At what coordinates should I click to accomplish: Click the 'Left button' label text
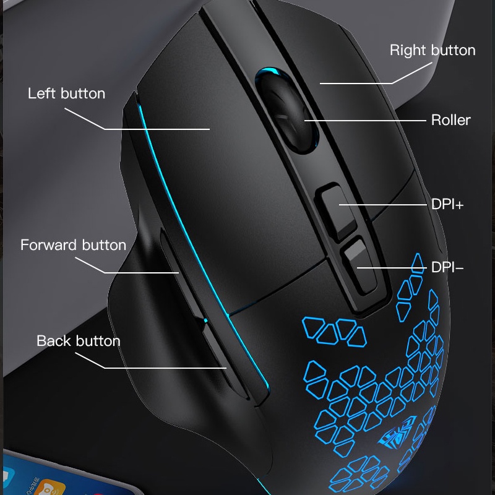click(x=67, y=93)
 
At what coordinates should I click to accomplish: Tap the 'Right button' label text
click(x=433, y=51)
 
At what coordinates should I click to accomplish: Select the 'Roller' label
click(x=451, y=120)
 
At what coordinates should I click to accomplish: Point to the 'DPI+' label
click(x=447, y=205)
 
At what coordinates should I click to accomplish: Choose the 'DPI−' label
click(x=447, y=267)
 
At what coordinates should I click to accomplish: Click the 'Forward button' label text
click(x=73, y=245)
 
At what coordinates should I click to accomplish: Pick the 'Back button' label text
click(x=79, y=341)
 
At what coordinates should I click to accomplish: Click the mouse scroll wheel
click(x=286, y=111)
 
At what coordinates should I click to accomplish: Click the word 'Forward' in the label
click(x=49, y=245)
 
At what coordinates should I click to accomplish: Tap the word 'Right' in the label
click(x=408, y=51)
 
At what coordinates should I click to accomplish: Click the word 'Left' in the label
click(x=41, y=93)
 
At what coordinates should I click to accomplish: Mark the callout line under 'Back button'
click(x=151, y=361)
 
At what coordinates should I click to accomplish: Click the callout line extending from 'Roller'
click(x=365, y=120)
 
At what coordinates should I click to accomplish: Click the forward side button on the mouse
click(x=180, y=272)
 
